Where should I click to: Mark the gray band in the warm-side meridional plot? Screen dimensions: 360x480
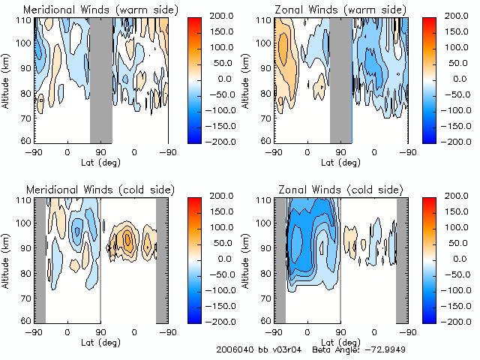click(101, 79)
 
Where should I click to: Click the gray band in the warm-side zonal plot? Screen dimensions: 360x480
click(340, 79)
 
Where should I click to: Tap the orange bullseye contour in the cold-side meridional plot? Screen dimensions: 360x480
click(127, 240)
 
